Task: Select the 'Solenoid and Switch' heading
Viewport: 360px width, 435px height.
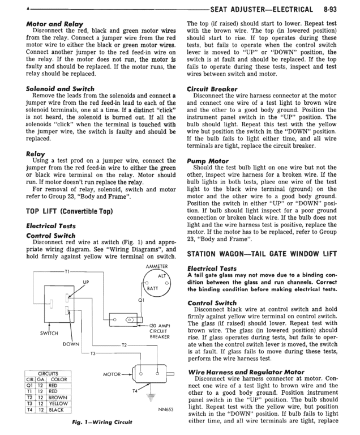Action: [x=60, y=89]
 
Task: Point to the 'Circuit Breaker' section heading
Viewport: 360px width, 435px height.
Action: [x=212, y=89]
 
